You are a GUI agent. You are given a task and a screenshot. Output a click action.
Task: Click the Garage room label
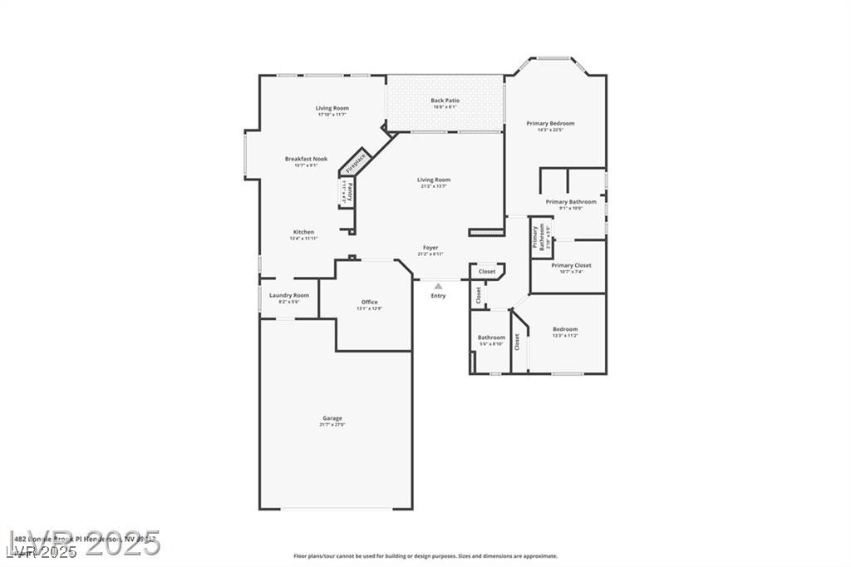332,418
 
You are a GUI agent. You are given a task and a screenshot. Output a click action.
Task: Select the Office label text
369,302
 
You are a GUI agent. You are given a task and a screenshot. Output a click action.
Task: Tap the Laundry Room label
289,295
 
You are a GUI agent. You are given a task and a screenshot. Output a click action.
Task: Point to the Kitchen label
303,232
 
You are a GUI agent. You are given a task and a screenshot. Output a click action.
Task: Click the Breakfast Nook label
306,159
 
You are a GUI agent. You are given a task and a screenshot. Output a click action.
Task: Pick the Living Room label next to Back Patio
332,108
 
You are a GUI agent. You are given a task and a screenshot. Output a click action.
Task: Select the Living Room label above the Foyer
434,180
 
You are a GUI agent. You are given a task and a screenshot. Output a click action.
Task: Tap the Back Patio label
445,101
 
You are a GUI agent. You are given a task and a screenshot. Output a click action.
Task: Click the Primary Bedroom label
550,123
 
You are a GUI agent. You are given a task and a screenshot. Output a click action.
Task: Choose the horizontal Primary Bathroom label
571,201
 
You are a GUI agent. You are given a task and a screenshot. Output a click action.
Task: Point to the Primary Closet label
572,265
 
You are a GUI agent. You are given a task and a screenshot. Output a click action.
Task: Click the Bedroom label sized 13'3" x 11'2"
565,329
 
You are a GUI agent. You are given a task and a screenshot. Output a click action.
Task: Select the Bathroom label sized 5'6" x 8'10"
491,338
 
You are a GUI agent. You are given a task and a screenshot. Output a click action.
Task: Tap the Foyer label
430,247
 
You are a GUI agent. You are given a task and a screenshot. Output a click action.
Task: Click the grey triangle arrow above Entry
438,286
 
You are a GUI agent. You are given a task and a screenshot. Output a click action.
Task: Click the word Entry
438,296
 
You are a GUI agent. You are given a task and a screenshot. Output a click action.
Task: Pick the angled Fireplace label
357,160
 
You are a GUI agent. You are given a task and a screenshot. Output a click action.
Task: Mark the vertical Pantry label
350,192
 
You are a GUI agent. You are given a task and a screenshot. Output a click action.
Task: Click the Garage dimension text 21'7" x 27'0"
332,425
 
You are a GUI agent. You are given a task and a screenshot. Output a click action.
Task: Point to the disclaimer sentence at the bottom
425,556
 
